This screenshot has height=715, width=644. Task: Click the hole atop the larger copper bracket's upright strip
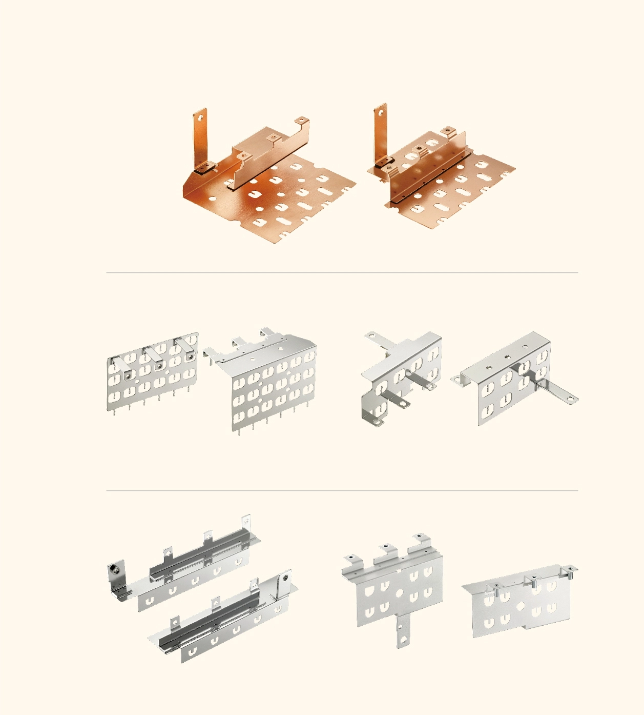coord(201,116)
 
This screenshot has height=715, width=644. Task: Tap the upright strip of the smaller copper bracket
coord(381,133)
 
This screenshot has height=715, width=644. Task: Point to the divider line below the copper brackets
coord(342,273)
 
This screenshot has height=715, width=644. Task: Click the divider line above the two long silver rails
coord(342,490)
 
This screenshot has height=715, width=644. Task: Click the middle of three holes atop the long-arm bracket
coord(507,356)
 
